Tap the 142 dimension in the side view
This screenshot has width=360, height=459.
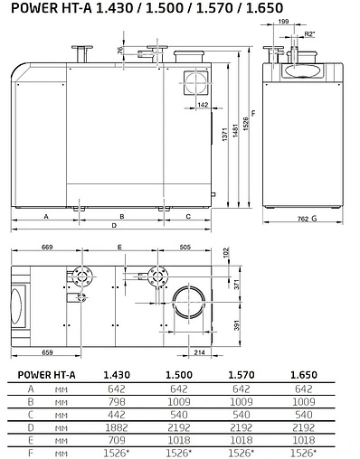(203, 105)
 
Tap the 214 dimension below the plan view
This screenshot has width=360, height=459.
(200, 351)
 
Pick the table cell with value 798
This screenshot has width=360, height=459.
(115, 398)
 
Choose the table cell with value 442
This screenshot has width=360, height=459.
(115, 411)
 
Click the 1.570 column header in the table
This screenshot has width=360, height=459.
(239, 373)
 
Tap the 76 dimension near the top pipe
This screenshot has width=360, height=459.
(121, 52)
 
